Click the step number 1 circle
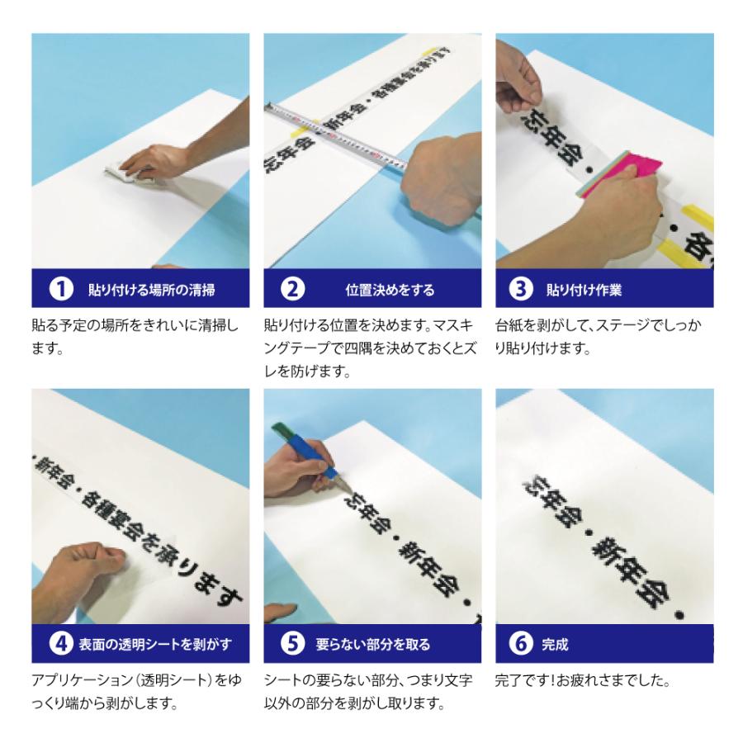(59, 290)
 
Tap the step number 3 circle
(520, 290)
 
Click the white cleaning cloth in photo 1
(124, 171)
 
